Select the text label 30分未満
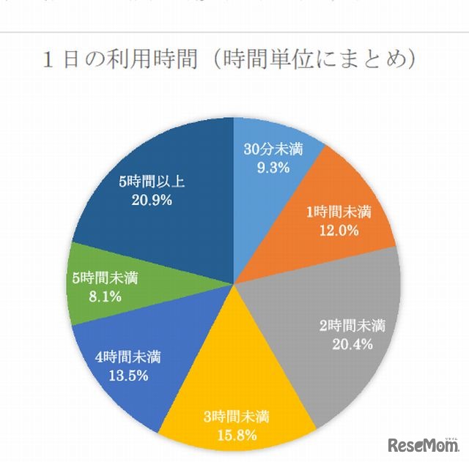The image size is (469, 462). click(x=269, y=148)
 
